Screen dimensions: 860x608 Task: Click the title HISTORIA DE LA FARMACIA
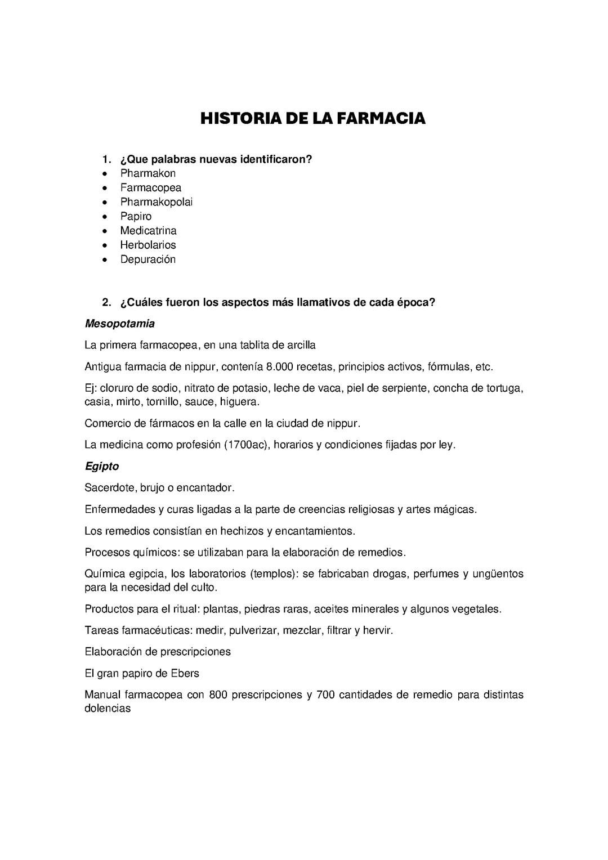[313, 119]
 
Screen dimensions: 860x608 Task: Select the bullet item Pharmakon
[147, 173]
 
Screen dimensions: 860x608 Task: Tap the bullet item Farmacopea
[150, 187]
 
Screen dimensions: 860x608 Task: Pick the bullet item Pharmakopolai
[156, 202]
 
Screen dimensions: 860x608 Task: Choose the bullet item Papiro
[136, 216]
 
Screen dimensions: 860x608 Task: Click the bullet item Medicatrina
[148, 231]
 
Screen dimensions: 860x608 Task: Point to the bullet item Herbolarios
[147, 245]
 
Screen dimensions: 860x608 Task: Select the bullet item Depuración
[147, 259]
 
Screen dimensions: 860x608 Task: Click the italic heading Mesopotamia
[119, 324]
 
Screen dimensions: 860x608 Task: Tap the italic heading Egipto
[101, 467]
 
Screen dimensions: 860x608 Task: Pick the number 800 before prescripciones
[218, 695]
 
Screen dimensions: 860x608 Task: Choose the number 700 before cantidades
[325, 695]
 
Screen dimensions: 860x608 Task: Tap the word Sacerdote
[107, 487]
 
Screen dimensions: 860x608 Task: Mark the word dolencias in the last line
[108, 709]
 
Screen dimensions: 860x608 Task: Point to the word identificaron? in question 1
[276, 159]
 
